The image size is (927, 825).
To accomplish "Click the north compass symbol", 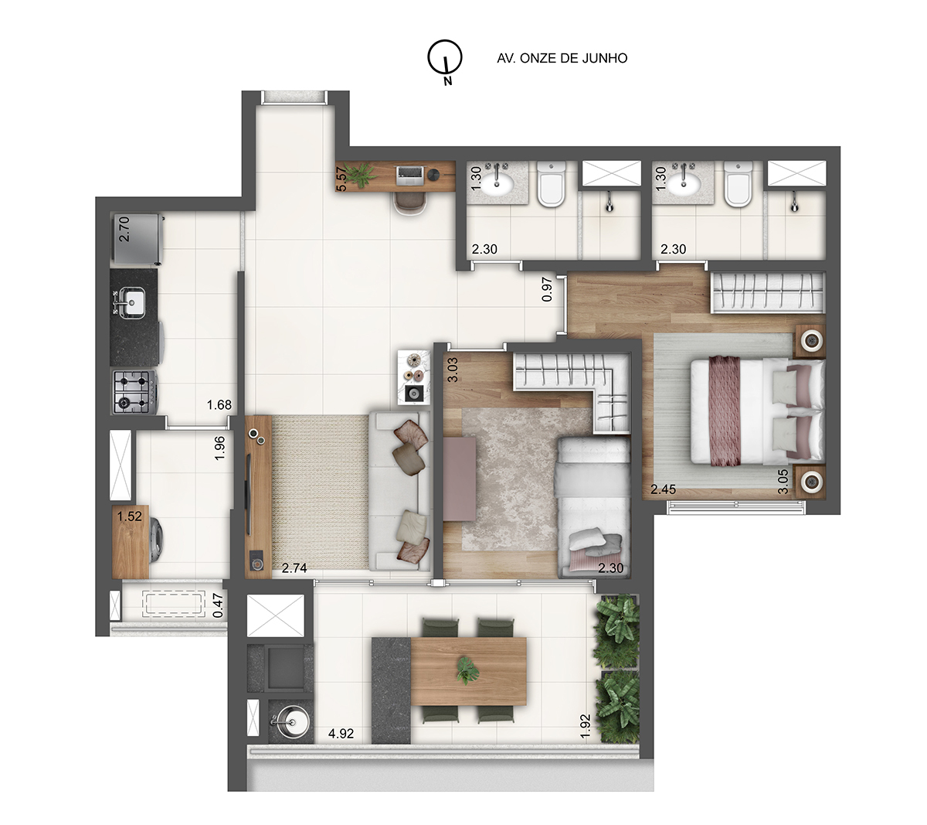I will click(x=446, y=59).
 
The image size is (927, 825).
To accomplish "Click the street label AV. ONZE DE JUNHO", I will click(x=562, y=58).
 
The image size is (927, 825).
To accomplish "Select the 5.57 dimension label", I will click(x=341, y=179).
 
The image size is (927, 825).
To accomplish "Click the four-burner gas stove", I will click(x=134, y=390).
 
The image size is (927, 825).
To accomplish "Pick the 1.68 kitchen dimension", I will click(x=219, y=404).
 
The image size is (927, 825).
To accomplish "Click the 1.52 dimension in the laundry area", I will click(x=129, y=516).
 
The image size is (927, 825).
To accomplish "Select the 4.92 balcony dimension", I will click(x=341, y=734).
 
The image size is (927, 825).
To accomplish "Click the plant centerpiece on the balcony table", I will click(x=466, y=670).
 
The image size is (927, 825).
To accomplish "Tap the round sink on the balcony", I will click(x=286, y=723).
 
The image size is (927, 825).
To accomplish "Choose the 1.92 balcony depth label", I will click(x=586, y=726).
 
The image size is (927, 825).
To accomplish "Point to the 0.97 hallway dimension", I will click(x=548, y=289).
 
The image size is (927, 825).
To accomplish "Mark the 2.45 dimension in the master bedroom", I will click(x=663, y=489).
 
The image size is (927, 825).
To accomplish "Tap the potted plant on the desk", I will click(x=359, y=177).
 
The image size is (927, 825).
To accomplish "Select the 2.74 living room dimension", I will click(x=294, y=568).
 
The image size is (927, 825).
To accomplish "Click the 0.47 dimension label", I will click(x=219, y=605).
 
